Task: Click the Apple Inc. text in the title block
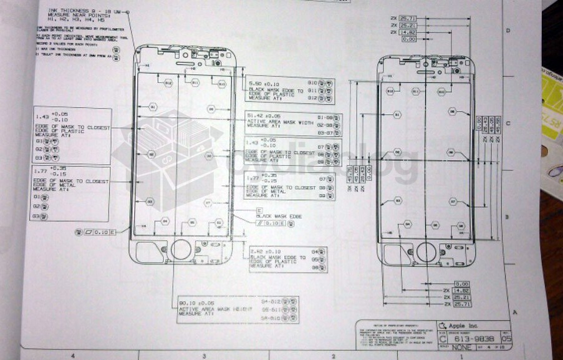point(463,325)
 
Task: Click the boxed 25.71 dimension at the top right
point(408,19)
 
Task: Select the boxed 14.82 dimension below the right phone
point(461,290)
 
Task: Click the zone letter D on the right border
point(508,30)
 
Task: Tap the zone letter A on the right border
point(515,311)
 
